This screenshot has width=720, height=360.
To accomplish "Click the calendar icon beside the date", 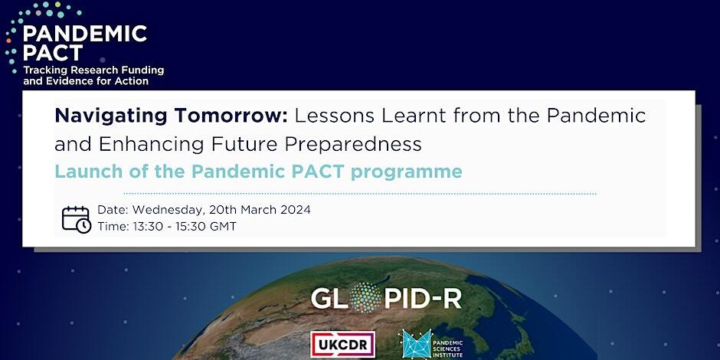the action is tap(77, 220).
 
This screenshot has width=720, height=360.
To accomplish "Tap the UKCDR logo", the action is tap(342, 345).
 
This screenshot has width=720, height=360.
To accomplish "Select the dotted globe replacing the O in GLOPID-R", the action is tap(365, 297).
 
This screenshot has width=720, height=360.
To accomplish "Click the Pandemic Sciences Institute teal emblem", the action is tap(417, 344).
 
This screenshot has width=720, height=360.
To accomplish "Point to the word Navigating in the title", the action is tap(111, 116).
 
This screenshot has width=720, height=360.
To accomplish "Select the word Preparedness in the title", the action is tap(353, 145).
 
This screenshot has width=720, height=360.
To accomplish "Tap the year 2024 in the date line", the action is tap(294, 210).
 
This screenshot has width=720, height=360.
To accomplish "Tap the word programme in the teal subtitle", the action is tap(407, 172).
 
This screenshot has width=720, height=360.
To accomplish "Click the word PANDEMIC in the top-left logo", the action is tap(85, 34).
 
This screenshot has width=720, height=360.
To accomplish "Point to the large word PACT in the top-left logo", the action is tap(53, 52).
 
